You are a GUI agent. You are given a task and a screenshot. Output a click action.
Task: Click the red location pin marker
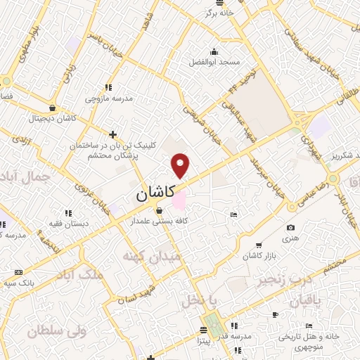tap(181, 165)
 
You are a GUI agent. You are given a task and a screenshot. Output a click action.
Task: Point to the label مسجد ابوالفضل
tap(214, 63)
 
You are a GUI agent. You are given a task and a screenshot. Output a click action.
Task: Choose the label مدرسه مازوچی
tap(108, 99)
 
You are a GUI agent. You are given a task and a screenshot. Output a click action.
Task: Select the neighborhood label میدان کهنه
tap(151, 257)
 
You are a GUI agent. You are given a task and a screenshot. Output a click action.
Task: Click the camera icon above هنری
tap(291, 228)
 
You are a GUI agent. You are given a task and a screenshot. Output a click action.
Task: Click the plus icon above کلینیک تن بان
tap(112, 134)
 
